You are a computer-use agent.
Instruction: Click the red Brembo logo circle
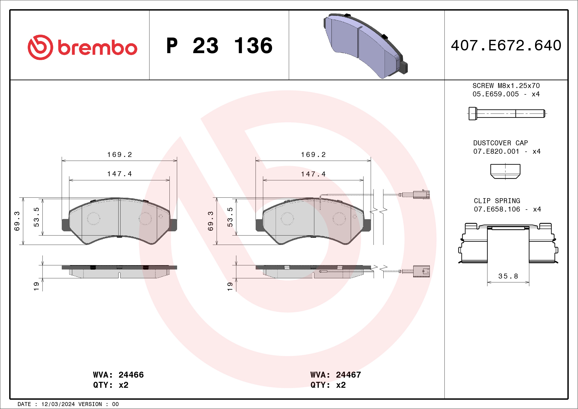coord(40,47)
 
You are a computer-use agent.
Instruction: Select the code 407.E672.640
coord(506,45)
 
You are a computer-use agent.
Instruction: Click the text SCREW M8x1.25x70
coord(506,86)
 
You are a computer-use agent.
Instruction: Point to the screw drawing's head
coord(473,114)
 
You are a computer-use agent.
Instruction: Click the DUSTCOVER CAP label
coord(500,143)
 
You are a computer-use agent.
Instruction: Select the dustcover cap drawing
coord(505,172)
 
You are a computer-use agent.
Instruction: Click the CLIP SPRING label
coord(497,201)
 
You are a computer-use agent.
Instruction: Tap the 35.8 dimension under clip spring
coord(508,276)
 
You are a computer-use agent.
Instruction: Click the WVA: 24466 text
coord(118,375)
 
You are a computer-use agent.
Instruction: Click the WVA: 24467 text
coord(336,375)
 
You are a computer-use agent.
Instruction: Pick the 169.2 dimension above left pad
coord(120,155)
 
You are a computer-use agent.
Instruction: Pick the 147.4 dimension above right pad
coord(313,174)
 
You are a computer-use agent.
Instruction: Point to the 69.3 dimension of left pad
coord(17,221)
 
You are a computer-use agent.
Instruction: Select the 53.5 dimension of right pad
coord(230,217)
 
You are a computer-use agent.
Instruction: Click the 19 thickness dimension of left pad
coord(36,286)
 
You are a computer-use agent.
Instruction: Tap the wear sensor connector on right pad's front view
coord(421,194)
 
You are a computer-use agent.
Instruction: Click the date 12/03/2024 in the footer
coord(58,404)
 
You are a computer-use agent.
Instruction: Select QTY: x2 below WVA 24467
coord(328,385)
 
